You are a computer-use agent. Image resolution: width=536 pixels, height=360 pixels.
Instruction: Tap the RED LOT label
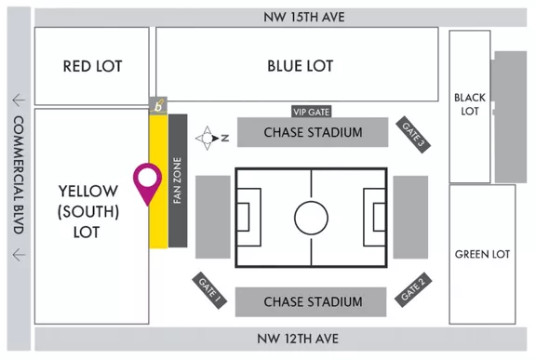92,66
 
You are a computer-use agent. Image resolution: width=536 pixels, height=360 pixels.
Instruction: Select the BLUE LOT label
300,66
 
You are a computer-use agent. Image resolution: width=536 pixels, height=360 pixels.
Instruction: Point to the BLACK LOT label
469,104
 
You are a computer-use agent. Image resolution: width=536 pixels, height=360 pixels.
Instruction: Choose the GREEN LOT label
482,254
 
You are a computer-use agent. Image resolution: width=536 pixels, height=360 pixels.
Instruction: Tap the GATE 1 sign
208,291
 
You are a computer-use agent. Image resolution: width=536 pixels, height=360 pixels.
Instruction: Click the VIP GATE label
311,110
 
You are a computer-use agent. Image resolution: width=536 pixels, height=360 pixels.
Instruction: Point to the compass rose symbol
206,138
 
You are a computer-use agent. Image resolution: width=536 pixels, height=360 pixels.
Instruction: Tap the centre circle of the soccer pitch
311,218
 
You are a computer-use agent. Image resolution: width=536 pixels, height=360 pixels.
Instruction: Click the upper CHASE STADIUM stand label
313,132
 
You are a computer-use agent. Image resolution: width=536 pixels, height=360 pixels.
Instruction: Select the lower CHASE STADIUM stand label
313,302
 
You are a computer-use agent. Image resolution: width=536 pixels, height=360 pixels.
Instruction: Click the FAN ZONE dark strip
179,181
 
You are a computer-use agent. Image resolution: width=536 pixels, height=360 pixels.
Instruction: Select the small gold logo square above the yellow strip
159,105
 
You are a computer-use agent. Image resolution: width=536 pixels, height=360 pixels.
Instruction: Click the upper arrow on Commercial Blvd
18,100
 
